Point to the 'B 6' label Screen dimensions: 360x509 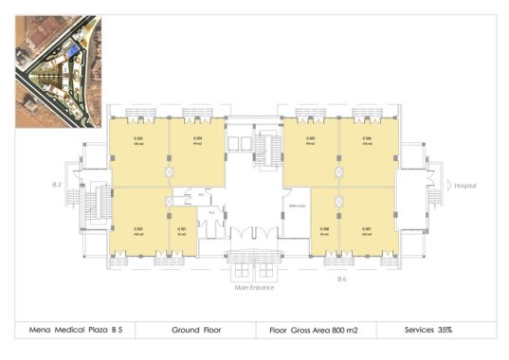[343, 279]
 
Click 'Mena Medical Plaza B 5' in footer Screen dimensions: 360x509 [77, 330]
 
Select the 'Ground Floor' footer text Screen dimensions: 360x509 [196, 330]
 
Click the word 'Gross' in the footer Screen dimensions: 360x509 [299, 330]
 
